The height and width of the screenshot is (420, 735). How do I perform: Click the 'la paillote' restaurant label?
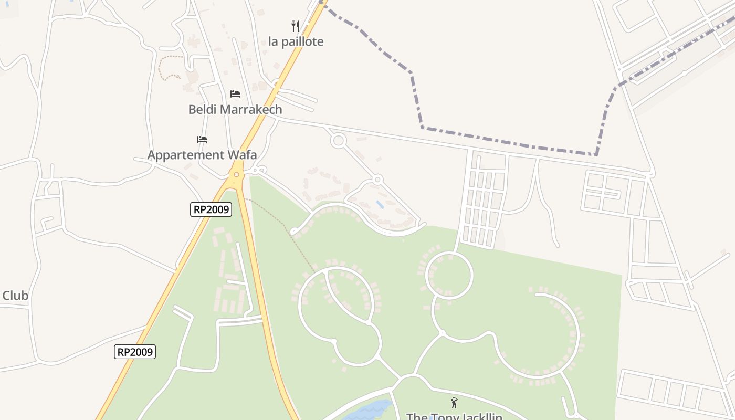pos(296,41)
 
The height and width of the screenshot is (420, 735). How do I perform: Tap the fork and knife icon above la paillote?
pos(296,26)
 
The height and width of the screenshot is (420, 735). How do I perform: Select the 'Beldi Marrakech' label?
pos(235,109)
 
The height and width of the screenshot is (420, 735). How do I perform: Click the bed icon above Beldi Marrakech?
pos(235,93)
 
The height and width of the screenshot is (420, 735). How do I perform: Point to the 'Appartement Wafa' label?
pos(202,155)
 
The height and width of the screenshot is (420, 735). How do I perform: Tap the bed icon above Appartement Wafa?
pos(202,139)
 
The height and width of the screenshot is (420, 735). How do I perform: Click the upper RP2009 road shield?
pos(211,209)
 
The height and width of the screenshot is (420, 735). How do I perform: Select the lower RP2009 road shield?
pos(135,352)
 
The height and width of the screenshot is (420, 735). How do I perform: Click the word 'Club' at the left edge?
pos(15,296)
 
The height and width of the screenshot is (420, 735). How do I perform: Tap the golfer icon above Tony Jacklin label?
pos(454,403)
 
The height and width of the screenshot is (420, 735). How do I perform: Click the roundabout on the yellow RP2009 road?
pos(236,174)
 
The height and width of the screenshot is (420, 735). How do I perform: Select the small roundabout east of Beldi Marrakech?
pos(338,140)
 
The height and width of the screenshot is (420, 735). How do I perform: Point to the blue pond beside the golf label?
pos(370,410)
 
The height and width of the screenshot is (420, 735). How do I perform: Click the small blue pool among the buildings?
pos(380,204)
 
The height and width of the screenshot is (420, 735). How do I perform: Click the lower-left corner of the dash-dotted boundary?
pos(422,127)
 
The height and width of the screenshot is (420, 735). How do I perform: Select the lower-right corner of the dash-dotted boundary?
pos(596,154)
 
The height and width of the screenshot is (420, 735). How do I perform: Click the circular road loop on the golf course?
pos(449,275)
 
